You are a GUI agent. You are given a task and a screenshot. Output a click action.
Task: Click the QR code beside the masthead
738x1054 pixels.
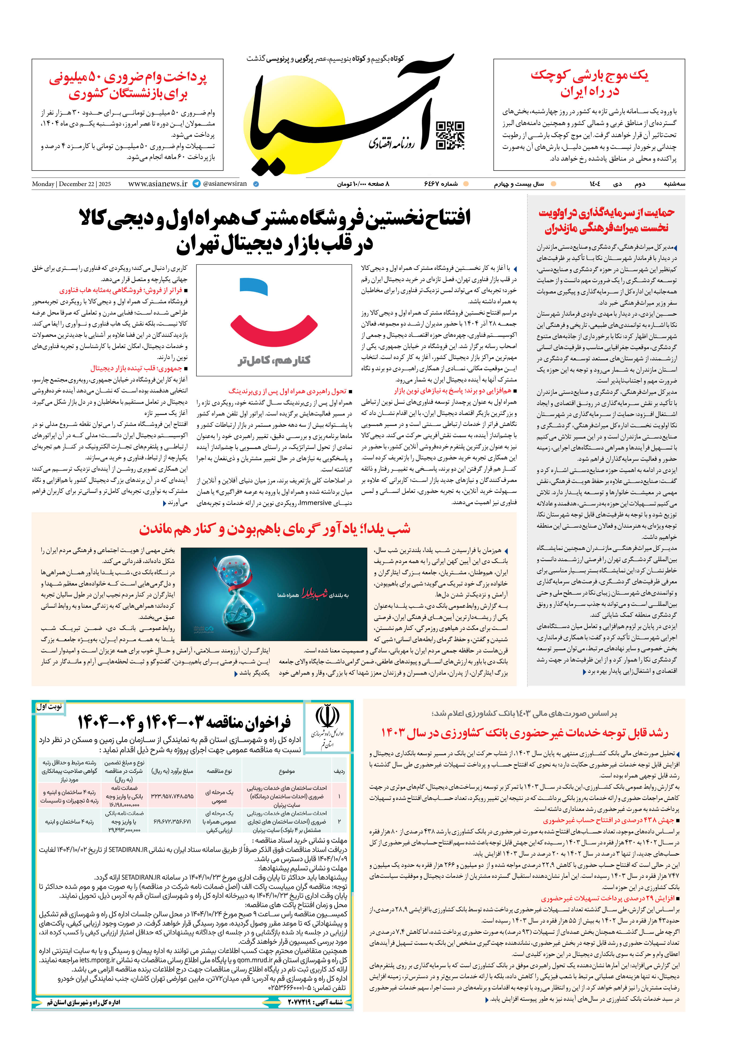450,135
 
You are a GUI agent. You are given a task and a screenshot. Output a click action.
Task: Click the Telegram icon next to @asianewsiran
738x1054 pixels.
197,184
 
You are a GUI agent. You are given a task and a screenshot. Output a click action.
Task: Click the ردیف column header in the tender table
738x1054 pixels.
339,771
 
